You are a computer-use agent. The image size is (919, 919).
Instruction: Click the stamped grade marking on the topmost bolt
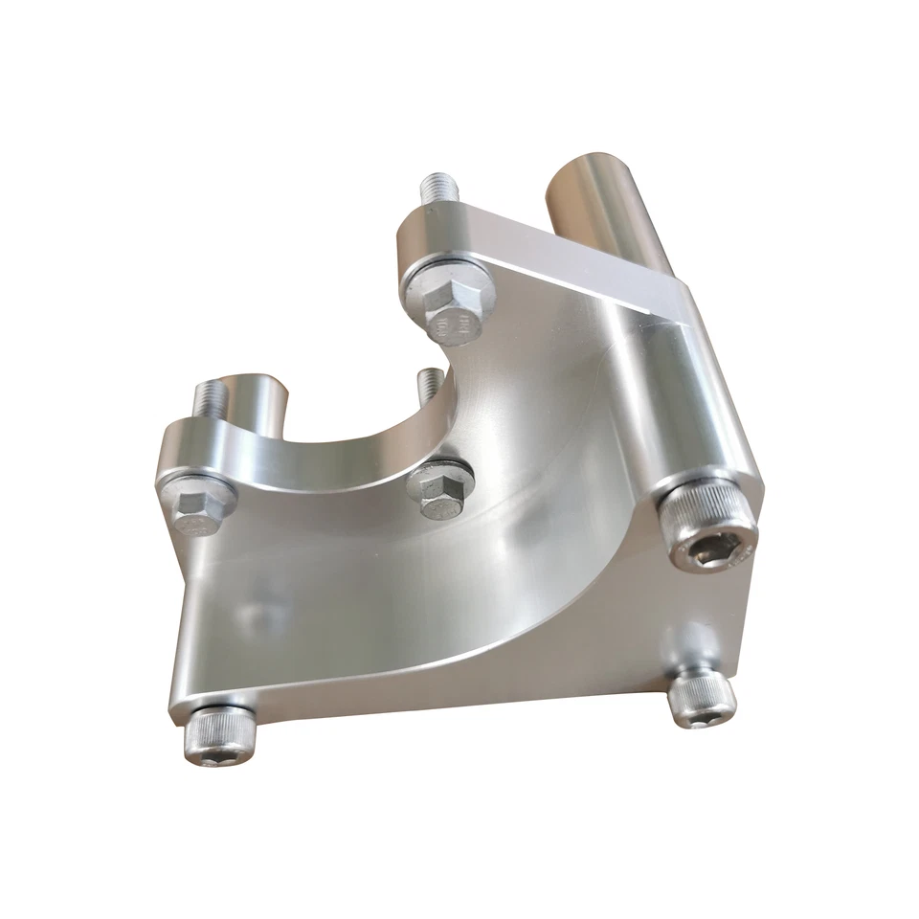tap(454, 325)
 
